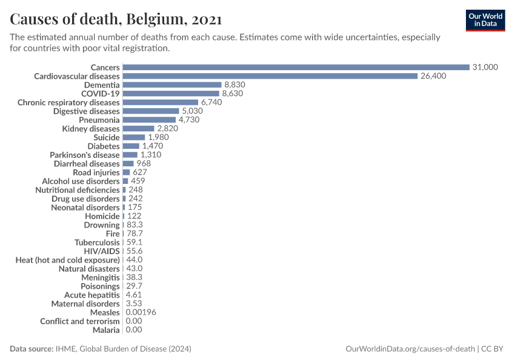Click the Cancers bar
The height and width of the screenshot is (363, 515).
[x=296, y=67]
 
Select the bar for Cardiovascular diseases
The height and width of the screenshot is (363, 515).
[x=270, y=76]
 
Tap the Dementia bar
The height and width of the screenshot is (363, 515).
[x=172, y=85]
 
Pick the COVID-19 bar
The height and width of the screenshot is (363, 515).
[x=171, y=94]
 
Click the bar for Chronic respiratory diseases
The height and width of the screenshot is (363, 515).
[x=161, y=102]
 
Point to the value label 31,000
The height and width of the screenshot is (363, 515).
[x=485, y=67]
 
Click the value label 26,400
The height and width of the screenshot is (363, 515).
[x=433, y=76]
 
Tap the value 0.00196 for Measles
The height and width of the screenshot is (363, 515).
[x=141, y=312]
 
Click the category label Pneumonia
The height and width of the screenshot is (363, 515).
[x=99, y=120]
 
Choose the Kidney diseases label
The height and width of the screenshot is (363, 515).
[x=91, y=129]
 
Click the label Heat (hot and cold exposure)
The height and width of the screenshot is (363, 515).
[x=67, y=260]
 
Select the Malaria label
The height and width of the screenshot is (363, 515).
[x=106, y=330]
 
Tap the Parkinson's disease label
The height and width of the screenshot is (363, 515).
[x=85, y=155]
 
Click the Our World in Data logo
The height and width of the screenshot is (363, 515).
[x=485, y=20]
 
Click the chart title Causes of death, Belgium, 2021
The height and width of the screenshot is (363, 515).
[x=116, y=19]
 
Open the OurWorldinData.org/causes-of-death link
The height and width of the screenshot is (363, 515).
[x=410, y=349]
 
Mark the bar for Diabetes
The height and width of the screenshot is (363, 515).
[x=131, y=146]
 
